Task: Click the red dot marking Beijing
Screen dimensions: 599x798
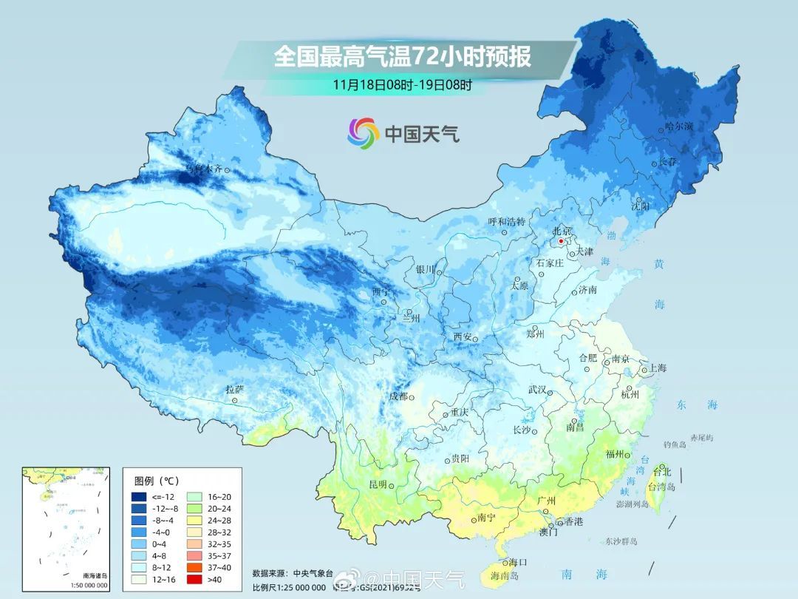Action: tap(561, 241)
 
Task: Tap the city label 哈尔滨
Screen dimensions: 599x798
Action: tap(679, 126)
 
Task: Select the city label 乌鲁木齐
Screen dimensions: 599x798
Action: tap(203, 169)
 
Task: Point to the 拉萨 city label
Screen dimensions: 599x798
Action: tap(234, 389)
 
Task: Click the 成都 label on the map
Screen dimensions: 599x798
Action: tap(398, 396)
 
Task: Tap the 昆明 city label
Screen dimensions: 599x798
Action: tap(378, 484)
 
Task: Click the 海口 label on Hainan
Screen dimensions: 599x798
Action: tap(517, 563)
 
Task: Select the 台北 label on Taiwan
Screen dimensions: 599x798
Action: tap(661, 471)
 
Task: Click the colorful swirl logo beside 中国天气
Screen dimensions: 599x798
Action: tap(364, 132)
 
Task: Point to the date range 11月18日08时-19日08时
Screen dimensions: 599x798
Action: tap(402, 84)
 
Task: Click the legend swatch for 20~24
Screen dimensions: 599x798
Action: tap(196, 510)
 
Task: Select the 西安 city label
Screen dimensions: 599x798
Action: tap(463, 336)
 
